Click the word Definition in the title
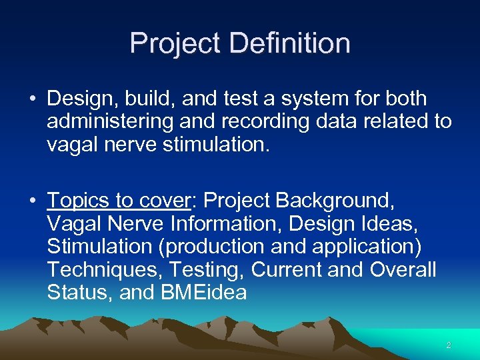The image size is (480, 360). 289,43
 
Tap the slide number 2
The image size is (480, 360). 448,345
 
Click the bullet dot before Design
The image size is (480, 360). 32,99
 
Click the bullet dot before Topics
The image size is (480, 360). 32,200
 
